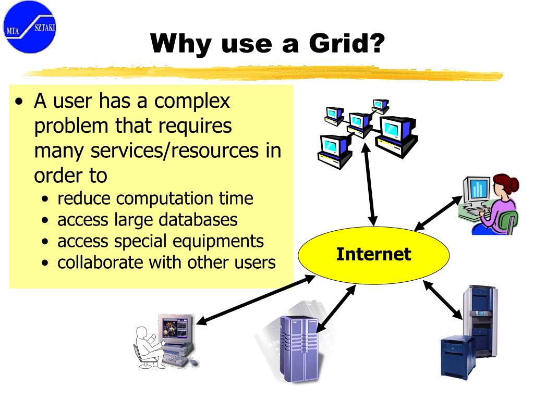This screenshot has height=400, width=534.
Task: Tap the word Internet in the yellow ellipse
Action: tap(373, 254)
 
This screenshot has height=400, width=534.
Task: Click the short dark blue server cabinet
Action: tap(457, 357)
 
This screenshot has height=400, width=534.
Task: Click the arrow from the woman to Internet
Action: tap(438, 213)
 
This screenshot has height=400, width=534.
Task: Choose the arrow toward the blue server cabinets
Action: tap(443, 299)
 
